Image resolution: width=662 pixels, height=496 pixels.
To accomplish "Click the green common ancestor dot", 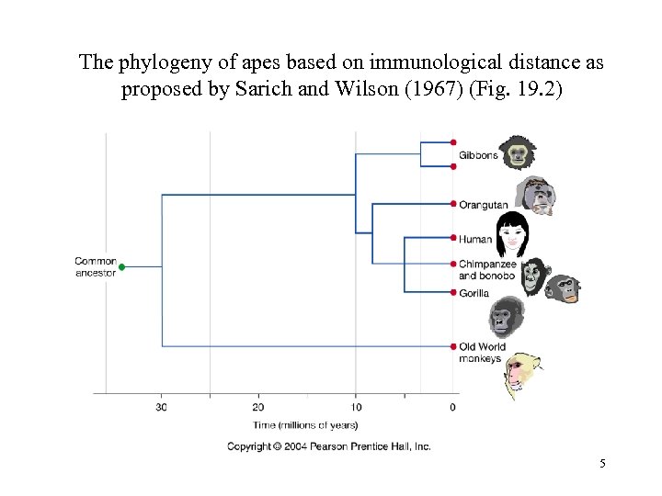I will [x=122, y=267].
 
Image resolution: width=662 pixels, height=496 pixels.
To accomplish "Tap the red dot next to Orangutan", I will [x=453, y=204].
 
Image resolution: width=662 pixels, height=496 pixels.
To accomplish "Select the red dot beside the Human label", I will [x=453, y=238].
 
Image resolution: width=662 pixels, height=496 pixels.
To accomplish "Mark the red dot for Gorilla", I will [x=453, y=293].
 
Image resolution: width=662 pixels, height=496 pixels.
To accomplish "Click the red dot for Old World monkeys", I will [x=453, y=346].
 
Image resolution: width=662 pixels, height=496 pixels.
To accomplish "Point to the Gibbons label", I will [x=478, y=155].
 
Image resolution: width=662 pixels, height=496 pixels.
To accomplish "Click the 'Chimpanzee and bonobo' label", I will [x=487, y=270].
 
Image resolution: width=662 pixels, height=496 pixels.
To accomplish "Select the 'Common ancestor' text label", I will [x=96, y=266].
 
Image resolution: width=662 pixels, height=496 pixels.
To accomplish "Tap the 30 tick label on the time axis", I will [x=161, y=407].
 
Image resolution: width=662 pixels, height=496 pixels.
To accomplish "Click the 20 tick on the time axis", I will [x=258, y=407].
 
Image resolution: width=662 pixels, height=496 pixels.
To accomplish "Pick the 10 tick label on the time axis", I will [x=356, y=407].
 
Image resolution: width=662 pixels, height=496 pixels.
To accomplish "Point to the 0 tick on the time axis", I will [x=452, y=407].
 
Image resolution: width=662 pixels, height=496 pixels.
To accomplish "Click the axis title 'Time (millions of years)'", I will [x=305, y=424].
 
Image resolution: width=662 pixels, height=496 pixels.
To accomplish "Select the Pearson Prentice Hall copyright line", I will [x=329, y=446].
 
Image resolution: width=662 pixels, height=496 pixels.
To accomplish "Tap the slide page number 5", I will [x=602, y=464].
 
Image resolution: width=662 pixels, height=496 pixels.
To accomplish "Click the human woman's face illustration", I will [x=512, y=234].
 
